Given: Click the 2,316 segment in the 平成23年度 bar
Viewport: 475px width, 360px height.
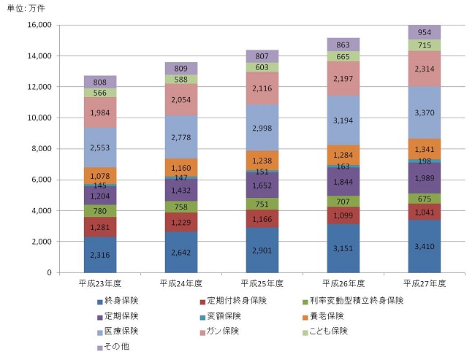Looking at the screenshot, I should pos(99,254).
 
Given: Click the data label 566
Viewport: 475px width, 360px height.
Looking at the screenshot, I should pos(99,93).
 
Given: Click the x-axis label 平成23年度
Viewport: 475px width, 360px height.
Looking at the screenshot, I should pos(99,282).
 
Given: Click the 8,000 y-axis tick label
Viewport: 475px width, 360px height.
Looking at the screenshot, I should pos(41,149).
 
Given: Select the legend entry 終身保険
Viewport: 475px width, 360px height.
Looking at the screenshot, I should pos(121,301).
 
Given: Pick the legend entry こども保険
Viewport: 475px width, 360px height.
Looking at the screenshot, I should pos(325,331).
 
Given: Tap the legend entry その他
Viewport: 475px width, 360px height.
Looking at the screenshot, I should pos(117,346).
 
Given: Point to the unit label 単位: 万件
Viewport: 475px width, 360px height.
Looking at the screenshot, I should pos(26,7).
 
